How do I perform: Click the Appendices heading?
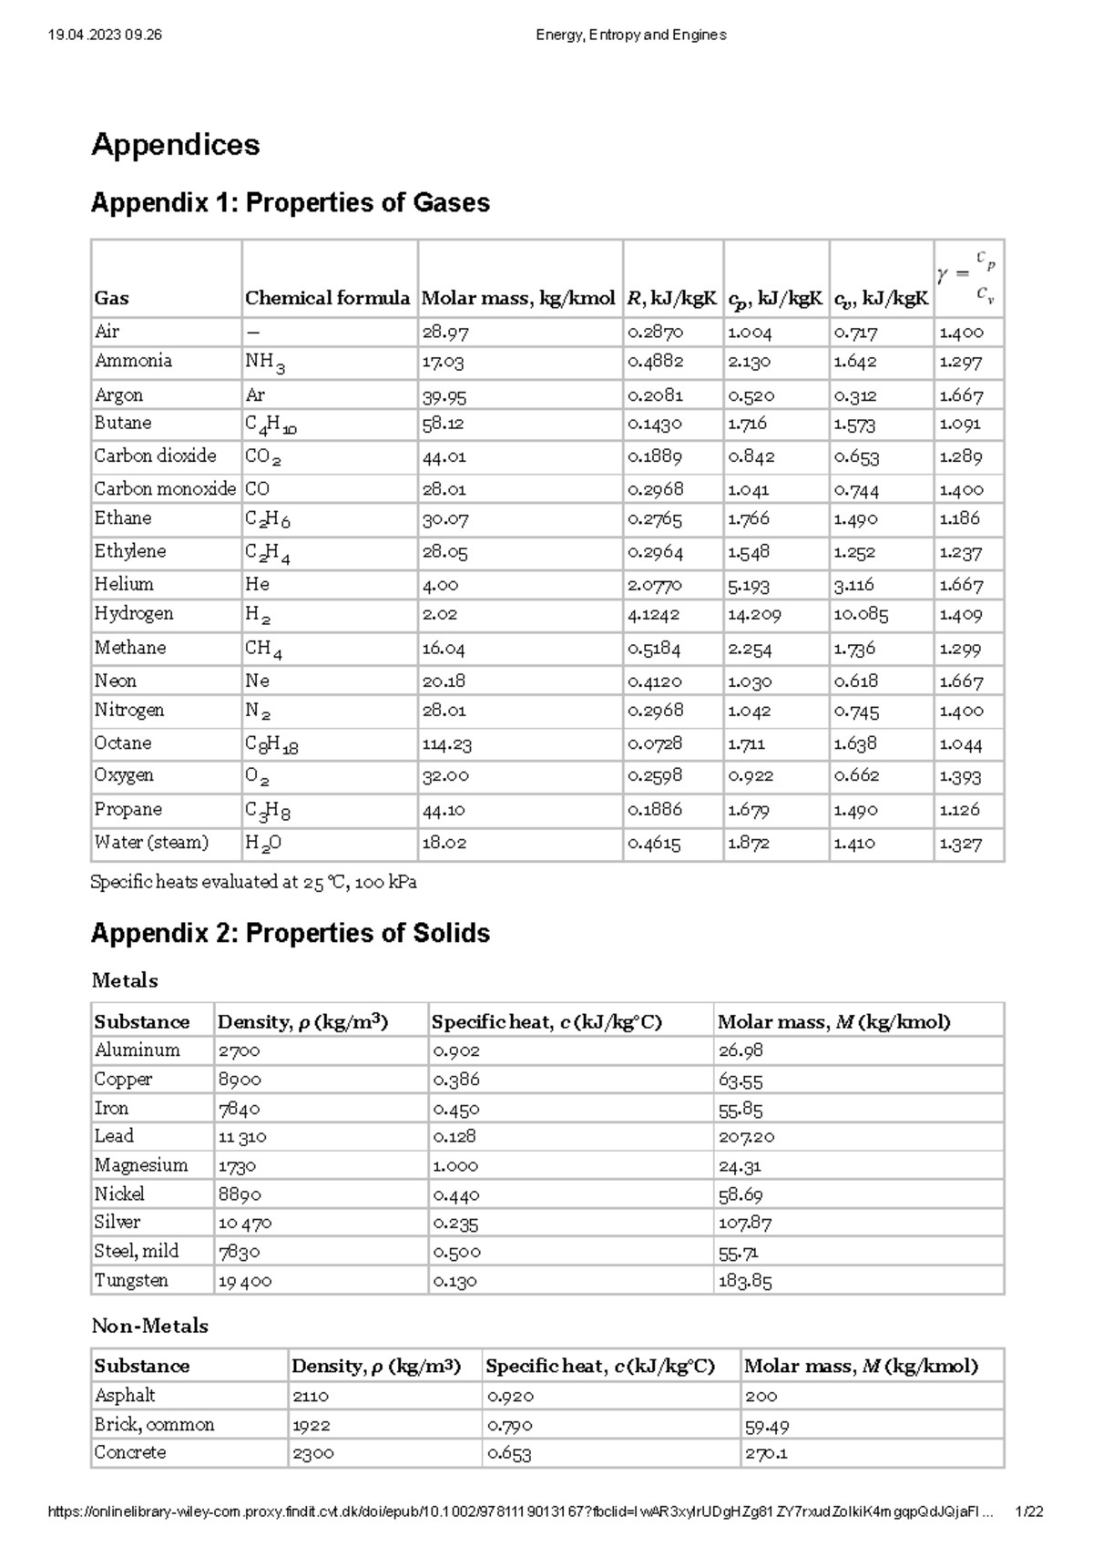(175, 145)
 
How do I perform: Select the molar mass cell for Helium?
(440, 585)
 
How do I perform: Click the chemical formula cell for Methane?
(263, 650)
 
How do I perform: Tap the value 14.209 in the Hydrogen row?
(753, 615)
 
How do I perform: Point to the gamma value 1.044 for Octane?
(960, 744)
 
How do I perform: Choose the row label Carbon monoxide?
(165, 489)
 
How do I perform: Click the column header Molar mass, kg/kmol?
(518, 298)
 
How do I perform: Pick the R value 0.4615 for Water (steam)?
(653, 844)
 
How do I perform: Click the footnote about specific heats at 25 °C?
(253, 882)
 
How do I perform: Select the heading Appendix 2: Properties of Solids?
(291, 933)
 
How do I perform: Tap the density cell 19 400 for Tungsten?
(244, 1281)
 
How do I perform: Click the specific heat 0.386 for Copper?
(456, 1080)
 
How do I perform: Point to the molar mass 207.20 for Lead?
(746, 1137)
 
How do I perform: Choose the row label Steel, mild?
(137, 1252)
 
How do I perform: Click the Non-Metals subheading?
(150, 1327)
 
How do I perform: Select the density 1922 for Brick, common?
(312, 1426)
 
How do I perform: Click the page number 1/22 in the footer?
(1028, 1511)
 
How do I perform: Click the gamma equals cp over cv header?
(966, 277)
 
